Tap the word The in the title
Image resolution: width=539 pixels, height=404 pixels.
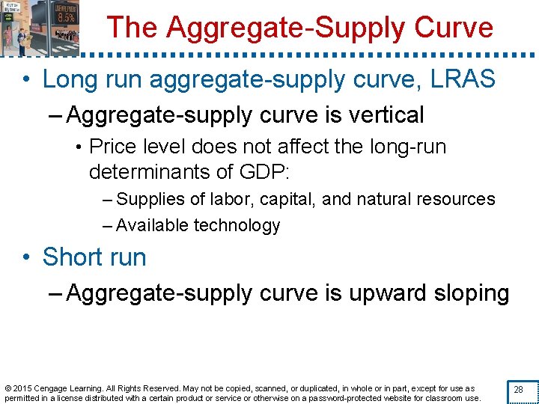click(x=133, y=28)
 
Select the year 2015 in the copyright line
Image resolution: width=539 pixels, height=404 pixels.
click(x=24, y=388)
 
